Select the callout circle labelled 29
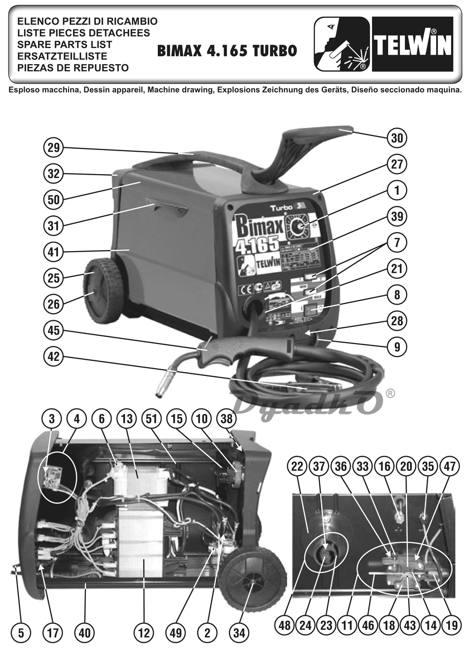coord(54,148)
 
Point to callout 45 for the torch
coord(54,331)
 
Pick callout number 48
coord(285,625)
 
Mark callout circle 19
coord(452,625)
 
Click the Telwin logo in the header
coord(412,44)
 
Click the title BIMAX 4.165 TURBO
coord(227,51)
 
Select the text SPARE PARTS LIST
coord(65,45)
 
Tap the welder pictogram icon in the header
coord(341,44)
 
